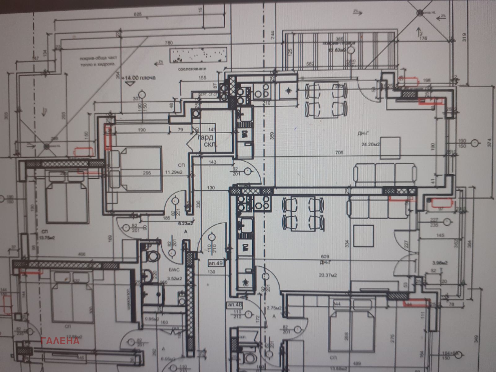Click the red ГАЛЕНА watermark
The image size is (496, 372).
click(61, 341)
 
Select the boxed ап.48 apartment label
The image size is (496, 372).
click(235, 304)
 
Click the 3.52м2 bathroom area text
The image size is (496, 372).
click(174, 278)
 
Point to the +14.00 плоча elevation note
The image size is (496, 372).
click(139, 78)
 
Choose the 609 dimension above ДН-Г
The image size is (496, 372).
click(325, 256)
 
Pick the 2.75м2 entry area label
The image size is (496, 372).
click(274, 308)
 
